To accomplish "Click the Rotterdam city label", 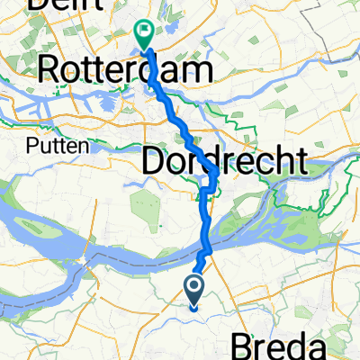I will [127, 68].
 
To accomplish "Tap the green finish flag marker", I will [144, 32].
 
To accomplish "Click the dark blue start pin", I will [194, 288].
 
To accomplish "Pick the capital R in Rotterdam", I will [52, 68].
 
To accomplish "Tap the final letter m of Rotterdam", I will [200, 68].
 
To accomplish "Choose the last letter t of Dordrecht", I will [301, 162].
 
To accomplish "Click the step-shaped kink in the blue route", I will [206, 189].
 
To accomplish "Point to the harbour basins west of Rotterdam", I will [45, 101].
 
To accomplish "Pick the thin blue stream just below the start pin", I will [193, 309].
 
